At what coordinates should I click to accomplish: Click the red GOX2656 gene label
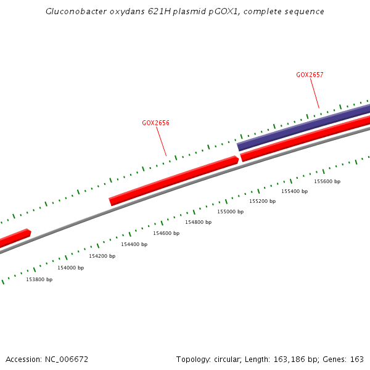tap(155, 123)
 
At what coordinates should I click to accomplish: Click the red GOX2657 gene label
tap(310, 75)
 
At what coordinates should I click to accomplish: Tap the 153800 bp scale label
tap(39, 279)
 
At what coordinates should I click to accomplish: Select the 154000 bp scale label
tap(70, 268)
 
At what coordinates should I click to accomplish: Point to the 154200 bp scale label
tap(102, 256)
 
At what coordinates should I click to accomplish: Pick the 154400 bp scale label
tap(134, 244)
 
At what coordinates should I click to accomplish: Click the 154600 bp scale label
tap(166, 233)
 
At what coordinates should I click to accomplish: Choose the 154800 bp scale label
tap(198, 222)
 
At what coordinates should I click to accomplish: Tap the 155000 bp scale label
tap(230, 212)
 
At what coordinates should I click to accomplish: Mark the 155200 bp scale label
tap(262, 201)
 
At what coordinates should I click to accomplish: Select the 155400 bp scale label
tap(294, 191)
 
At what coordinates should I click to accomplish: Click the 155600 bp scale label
tap(327, 181)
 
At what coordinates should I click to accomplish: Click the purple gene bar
tap(302, 127)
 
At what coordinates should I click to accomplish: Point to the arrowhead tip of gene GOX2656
tap(237, 160)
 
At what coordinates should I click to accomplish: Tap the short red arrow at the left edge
tap(15, 238)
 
